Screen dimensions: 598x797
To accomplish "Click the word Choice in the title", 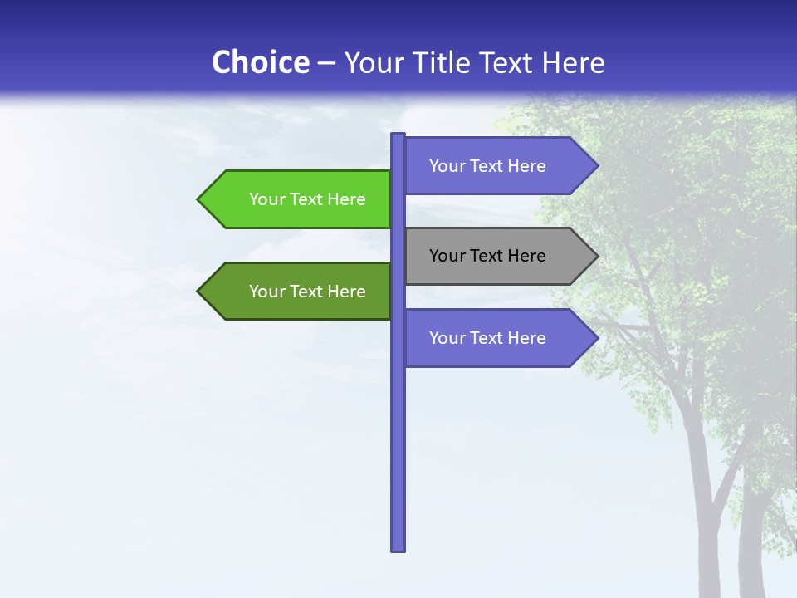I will (260, 62).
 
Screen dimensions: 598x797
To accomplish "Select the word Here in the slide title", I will (574, 63).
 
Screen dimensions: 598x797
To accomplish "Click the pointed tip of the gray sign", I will (596, 256).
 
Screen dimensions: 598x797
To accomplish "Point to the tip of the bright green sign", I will (199, 199).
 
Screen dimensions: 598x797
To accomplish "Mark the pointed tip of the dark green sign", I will (199, 292).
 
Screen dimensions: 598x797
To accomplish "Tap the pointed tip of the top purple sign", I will (596, 166).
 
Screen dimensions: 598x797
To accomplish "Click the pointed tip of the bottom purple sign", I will (596, 338).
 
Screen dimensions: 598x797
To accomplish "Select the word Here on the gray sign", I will (526, 256).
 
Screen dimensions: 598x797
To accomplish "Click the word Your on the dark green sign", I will (266, 292).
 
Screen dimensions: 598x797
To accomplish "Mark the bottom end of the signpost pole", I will (398, 548).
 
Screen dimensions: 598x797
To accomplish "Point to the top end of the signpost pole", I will (398, 135).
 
